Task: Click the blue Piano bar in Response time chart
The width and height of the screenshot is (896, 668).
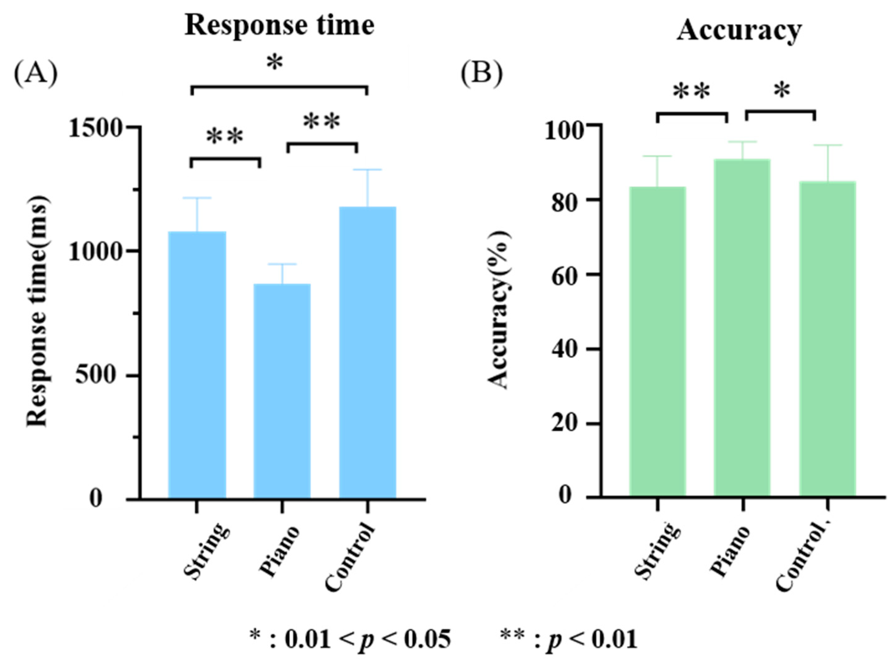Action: pos(282,390)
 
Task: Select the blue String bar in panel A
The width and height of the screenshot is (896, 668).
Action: pos(197,364)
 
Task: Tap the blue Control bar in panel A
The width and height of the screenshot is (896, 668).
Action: pos(367,352)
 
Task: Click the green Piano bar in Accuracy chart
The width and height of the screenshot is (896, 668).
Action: pos(742,327)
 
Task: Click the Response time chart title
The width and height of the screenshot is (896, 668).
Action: pos(280,26)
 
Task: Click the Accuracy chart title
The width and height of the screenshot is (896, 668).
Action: pos(739,30)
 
